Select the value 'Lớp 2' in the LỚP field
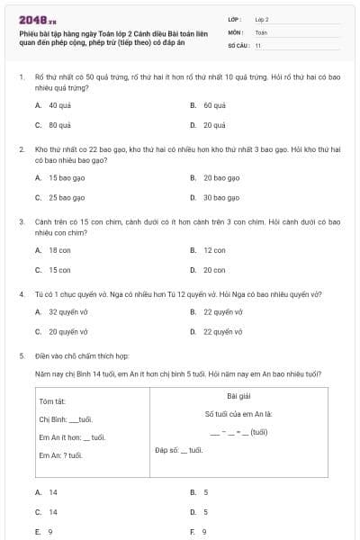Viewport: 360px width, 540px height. pyautogui.click(x=263, y=18)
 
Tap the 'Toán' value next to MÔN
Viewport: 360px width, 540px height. pyautogui.click(x=261, y=31)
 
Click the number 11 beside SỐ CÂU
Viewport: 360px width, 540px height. pyautogui.click(x=258, y=44)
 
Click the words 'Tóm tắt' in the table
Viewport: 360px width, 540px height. pyautogui.click(x=51, y=400)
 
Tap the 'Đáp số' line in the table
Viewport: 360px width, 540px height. pyautogui.click(x=179, y=449)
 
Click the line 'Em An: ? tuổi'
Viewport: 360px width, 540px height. pyautogui.click(x=60, y=455)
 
